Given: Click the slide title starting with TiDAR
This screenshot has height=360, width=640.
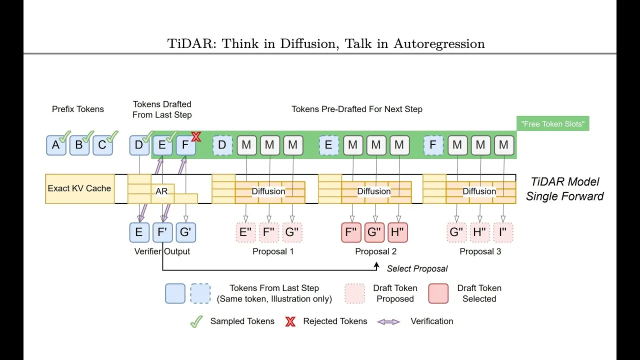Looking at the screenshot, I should point(326,43).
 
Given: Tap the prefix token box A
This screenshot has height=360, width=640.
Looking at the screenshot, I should point(56,145).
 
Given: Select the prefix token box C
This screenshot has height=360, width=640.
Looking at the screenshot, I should point(102,145).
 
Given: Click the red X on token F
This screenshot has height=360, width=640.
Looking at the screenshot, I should point(196,136).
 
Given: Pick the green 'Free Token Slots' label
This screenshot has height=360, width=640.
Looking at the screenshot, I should point(552,123).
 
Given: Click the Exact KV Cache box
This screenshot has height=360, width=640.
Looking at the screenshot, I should point(79,188).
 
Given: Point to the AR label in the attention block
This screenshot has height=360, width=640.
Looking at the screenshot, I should point(161,191).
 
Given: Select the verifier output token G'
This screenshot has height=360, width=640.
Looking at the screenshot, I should point(185,232).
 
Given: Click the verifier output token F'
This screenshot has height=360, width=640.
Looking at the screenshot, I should point(162,232).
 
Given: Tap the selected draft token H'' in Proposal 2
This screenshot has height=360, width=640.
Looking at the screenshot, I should point(397,232).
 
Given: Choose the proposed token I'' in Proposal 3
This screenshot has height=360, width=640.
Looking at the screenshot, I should point(503,232).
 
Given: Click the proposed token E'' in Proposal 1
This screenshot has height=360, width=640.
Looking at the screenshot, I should point(245,232).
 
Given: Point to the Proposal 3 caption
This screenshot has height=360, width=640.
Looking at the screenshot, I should point(480,251).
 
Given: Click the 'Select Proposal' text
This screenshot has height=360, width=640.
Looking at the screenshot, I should point(417,268).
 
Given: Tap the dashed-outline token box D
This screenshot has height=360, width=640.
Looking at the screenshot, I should point(222,145).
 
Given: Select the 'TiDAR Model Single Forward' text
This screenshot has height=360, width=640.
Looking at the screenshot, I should point(564,189).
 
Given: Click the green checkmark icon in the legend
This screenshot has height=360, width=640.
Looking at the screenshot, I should point(196,321).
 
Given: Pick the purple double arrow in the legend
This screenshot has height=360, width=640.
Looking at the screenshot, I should point(388,321).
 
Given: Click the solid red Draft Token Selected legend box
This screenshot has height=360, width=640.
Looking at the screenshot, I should point(438,293).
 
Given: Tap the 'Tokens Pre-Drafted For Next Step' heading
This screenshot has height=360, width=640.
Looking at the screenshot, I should point(356,109).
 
